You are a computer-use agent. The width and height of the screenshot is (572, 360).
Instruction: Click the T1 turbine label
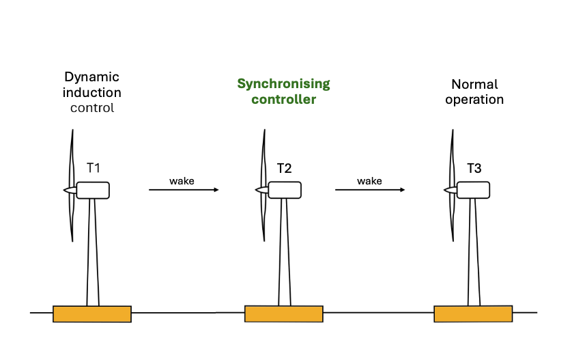click(x=94, y=167)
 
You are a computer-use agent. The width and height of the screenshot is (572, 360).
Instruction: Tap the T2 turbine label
click(x=284, y=167)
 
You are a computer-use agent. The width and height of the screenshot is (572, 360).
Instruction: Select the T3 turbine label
click(x=474, y=167)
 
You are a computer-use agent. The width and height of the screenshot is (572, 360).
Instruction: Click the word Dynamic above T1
click(x=91, y=78)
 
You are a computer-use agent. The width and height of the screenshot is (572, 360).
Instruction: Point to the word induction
click(x=92, y=93)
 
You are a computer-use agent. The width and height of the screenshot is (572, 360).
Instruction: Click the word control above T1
click(x=92, y=108)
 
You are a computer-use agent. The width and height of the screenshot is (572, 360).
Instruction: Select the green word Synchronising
click(x=283, y=84)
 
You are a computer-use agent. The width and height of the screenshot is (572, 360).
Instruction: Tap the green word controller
click(x=283, y=100)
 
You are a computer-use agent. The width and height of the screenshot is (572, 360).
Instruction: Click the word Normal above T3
click(x=474, y=85)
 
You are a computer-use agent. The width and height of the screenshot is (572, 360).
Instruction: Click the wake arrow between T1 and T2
click(x=184, y=190)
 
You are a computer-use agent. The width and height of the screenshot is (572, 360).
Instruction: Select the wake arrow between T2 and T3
click(x=369, y=190)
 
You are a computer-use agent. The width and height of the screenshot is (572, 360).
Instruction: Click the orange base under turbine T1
click(x=92, y=314)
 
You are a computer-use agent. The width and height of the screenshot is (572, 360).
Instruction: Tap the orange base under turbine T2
click(x=283, y=314)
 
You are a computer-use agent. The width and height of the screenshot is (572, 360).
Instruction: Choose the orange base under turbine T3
click(x=473, y=314)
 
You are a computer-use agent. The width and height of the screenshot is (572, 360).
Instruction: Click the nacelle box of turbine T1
click(x=94, y=190)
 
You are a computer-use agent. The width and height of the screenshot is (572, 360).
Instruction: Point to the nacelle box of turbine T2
click(x=283, y=190)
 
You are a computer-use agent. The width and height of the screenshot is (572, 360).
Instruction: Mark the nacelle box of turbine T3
click(x=473, y=190)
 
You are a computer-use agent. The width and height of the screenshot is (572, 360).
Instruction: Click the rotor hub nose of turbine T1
click(x=69, y=190)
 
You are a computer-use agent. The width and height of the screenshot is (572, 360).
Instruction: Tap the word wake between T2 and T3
click(x=369, y=180)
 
